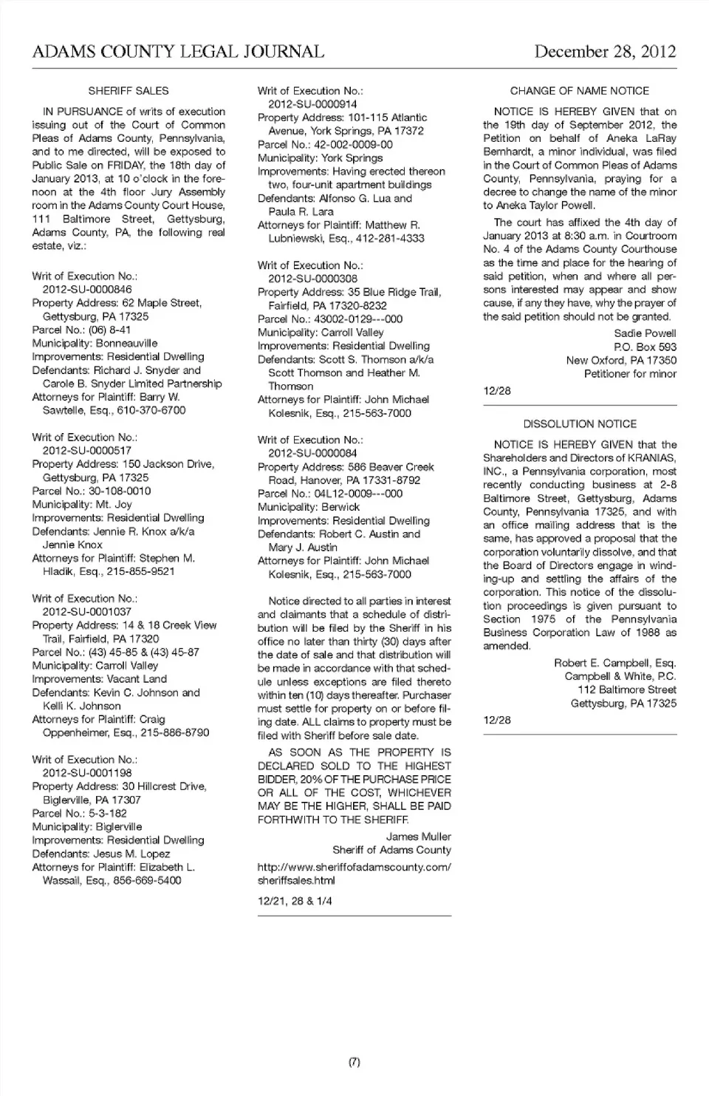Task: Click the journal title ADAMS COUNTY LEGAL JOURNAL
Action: pos(178,52)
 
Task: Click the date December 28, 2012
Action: pos(604,52)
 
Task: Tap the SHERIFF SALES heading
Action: pos(129,91)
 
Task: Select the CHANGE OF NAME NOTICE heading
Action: pos(580,91)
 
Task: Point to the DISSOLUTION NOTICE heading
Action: pos(580,424)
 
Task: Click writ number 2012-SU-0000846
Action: pos(87,290)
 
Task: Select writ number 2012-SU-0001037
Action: pos(87,612)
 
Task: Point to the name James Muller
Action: pos(418,837)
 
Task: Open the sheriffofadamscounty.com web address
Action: pos(354,874)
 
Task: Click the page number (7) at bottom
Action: pos(354,1062)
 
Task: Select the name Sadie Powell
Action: pos(645,333)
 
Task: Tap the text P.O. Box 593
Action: pos(645,347)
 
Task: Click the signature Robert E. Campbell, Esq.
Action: pos(614,663)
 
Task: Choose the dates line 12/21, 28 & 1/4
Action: pos(295,901)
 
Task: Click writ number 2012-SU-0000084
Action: pos(312,453)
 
